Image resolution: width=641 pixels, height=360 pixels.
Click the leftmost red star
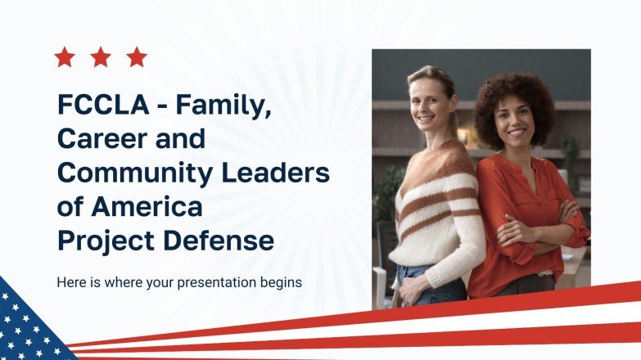click(64, 57)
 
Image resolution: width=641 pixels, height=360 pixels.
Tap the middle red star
click(101, 57)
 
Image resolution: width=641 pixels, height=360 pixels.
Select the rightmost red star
click(137, 57)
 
